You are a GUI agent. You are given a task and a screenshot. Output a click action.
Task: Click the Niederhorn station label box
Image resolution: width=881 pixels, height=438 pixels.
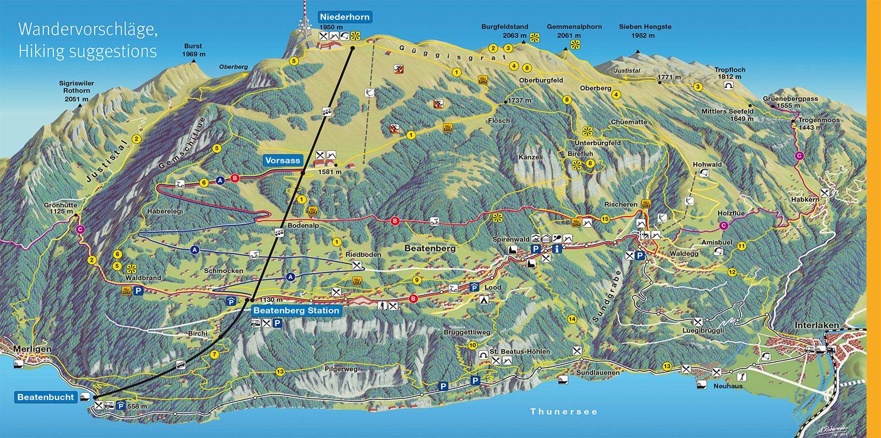(x=345, y=17)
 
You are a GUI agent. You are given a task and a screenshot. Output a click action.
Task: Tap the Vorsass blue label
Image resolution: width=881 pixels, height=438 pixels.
(x=282, y=160)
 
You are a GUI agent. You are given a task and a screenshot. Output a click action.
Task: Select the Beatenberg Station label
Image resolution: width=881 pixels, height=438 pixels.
(x=296, y=310)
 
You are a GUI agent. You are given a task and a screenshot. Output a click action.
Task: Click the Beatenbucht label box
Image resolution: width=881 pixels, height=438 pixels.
(x=46, y=397)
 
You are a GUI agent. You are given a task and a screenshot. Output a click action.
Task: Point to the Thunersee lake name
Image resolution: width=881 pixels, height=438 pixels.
(x=564, y=412)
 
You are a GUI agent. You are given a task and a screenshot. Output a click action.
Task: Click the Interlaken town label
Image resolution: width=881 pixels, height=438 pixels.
(x=817, y=326)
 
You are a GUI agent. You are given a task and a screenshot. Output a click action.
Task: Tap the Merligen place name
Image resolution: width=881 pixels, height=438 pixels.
(x=32, y=349)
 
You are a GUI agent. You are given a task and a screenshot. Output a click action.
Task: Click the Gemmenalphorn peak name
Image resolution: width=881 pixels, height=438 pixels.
(x=574, y=26)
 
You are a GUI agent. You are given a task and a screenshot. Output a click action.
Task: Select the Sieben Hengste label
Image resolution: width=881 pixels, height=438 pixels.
(x=645, y=26)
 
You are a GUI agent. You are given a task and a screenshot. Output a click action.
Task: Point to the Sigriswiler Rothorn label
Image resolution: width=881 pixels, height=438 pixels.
(x=77, y=87)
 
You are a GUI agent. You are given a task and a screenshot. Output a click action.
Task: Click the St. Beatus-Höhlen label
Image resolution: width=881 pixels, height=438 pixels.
(x=520, y=352)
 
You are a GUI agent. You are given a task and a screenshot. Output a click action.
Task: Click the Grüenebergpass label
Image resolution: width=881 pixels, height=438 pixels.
(x=790, y=99)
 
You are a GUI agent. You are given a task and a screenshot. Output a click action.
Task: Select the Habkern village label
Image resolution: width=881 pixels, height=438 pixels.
(x=804, y=199)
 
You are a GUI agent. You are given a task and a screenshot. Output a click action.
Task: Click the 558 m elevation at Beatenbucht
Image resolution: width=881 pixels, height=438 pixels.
(x=137, y=407)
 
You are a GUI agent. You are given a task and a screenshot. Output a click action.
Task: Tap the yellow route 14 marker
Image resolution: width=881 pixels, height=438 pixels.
(x=572, y=319)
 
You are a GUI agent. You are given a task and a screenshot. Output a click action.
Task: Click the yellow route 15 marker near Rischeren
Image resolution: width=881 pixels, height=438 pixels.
(x=605, y=219)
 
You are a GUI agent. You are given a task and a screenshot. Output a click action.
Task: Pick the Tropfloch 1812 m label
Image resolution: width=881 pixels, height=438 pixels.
(x=730, y=70)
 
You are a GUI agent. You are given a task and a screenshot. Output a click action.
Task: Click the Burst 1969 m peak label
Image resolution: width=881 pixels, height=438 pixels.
(x=193, y=46)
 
